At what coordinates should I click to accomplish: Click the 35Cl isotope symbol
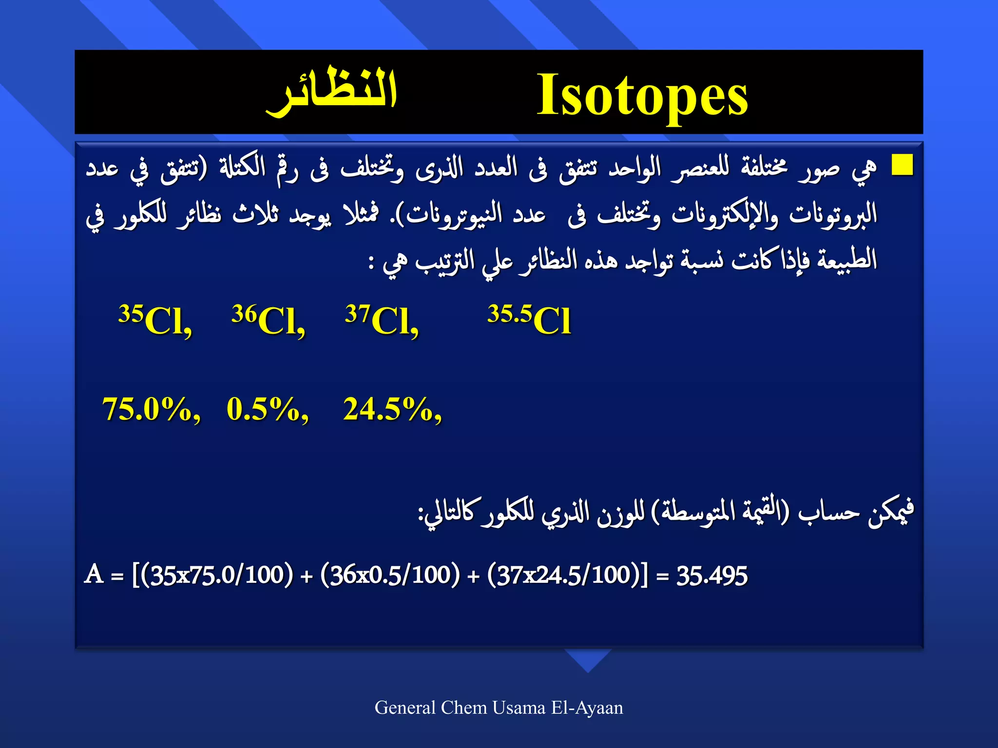pyautogui.click(x=155, y=320)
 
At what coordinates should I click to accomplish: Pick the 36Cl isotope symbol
pyautogui.click(x=269, y=320)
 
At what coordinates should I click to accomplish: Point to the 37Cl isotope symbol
pyautogui.click(x=382, y=320)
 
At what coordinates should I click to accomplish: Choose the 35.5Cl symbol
pyautogui.click(x=529, y=320)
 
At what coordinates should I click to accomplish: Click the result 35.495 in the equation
pyautogui.click(x=711, y=576)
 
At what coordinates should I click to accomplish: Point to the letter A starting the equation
pyautogui.click(x=94, y=574)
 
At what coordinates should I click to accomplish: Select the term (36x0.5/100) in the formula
pyautogui.click(x=390, y=575)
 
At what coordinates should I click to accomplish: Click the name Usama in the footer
pyautogui.click(x=518, y=708)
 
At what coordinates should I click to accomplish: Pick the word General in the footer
pyautogui.click(x=405, y=708)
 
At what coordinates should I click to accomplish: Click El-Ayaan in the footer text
pyautogui.click(x=587, y=708)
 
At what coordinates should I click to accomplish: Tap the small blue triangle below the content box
pyautogui.click(x=588, y=659)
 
